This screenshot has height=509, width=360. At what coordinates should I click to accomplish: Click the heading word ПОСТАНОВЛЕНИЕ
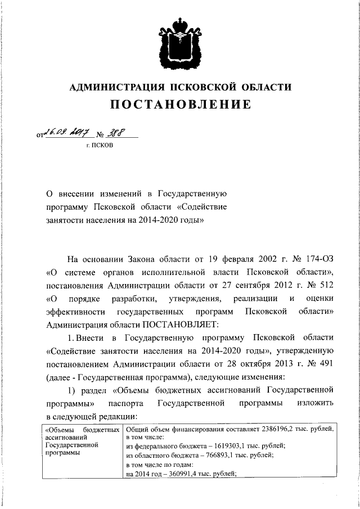180,105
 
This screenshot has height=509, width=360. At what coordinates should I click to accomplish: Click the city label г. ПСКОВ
99,146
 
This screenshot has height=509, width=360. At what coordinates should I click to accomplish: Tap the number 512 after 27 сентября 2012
326,285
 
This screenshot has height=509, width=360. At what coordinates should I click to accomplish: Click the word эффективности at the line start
74,311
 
